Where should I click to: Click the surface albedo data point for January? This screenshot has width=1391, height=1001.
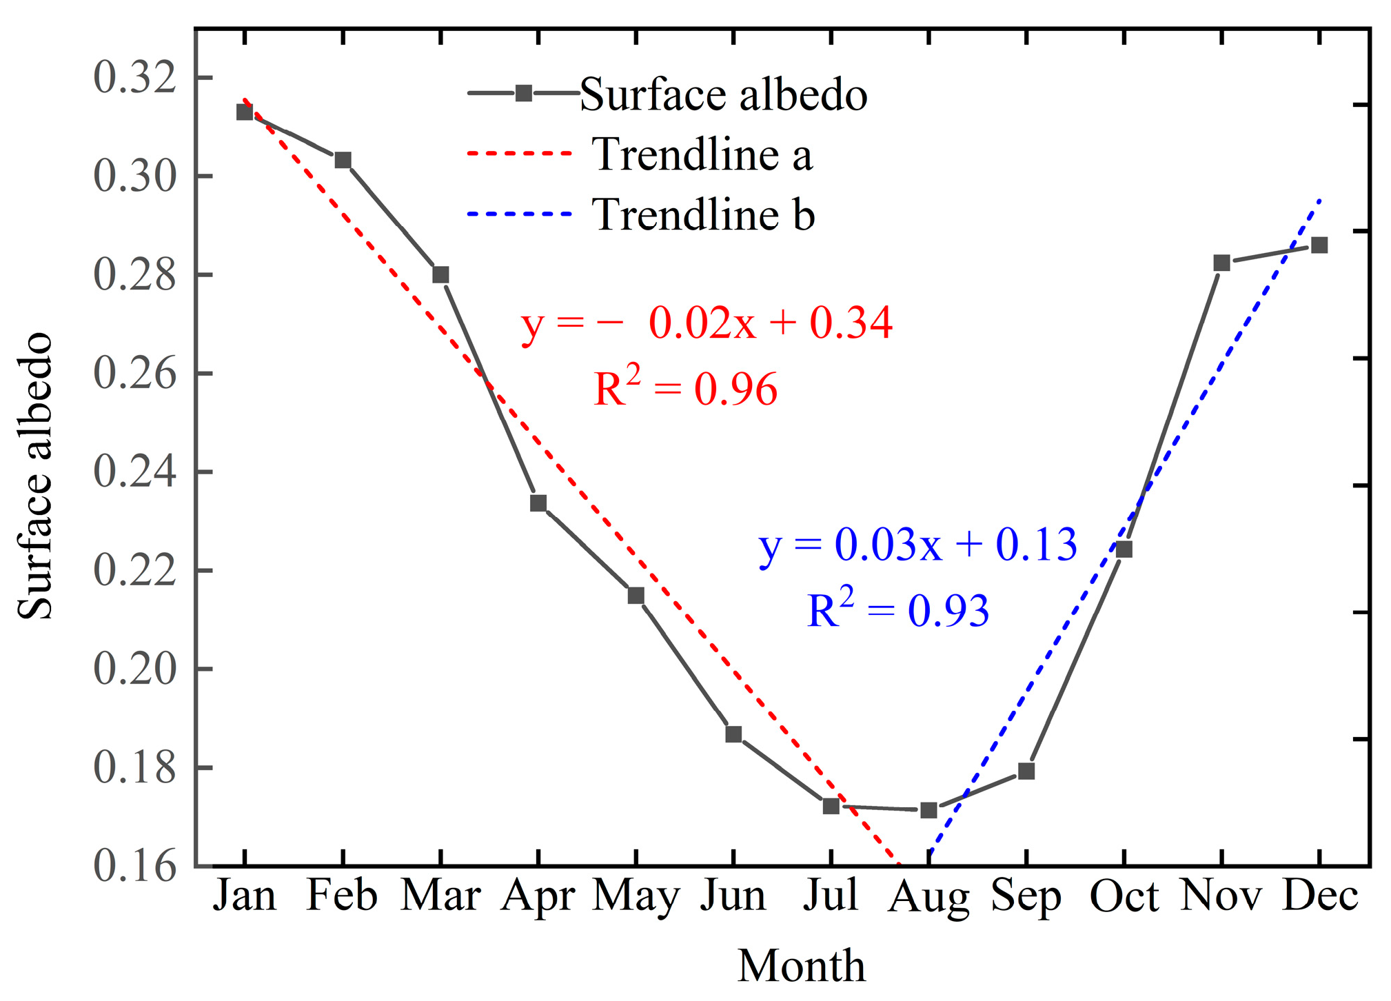pos(245,112)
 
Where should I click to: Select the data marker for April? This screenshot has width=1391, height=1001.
pos(538,503)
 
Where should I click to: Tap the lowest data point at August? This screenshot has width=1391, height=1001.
pos(928,810)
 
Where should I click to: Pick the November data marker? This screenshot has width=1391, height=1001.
pos(1221,263)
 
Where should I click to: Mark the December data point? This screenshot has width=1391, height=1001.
pos(1319,245)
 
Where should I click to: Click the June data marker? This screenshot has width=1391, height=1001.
pos(733,734)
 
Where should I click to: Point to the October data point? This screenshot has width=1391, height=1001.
pos(1124,549)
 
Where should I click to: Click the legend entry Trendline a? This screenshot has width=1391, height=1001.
pos(702,154)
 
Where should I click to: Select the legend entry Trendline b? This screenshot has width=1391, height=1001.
pos(703,214)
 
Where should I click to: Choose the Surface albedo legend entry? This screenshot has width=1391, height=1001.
pos(722,94)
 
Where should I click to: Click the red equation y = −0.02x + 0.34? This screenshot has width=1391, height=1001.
pos(707,323)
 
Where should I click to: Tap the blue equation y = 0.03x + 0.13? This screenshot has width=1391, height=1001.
pos(917,545)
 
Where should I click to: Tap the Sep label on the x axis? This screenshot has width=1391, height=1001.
pos(1026,896)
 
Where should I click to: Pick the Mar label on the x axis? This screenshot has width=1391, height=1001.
pos(440,896)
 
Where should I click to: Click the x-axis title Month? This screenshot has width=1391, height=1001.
pos(801,965)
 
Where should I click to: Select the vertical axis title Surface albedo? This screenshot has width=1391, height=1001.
pos(34,476)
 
